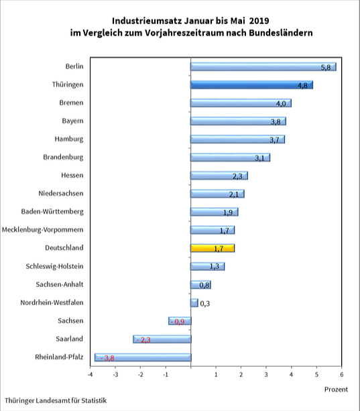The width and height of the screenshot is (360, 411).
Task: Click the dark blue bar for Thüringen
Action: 251,85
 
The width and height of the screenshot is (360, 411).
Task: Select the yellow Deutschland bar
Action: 213,248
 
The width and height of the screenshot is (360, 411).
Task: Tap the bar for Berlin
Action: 263,67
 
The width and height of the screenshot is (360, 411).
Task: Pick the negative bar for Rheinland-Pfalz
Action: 143,357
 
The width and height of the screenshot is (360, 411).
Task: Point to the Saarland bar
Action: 162,339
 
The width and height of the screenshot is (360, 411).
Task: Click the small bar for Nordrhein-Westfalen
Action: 194,303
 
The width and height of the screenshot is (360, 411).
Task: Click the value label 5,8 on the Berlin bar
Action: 326,68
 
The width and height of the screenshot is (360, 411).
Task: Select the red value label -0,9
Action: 178,322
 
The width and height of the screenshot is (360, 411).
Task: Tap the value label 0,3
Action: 206,304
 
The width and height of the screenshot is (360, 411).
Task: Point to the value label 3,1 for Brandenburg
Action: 260,158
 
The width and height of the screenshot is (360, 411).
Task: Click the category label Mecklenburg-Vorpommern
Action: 42,230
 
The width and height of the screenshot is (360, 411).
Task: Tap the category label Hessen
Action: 71,176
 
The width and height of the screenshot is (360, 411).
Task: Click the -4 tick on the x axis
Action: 91,373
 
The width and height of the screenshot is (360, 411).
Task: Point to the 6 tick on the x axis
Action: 342,373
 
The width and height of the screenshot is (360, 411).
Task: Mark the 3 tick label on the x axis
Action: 266,373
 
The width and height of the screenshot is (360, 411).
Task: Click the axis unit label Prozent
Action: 336,389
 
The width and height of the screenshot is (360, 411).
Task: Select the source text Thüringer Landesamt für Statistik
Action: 56,400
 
